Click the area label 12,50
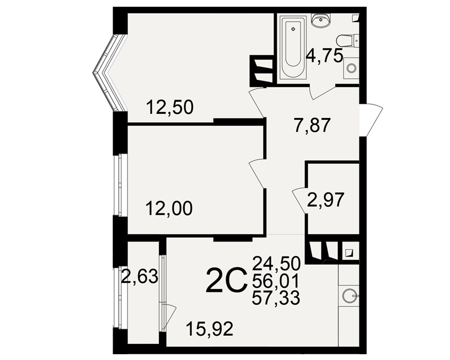tap(170, 108)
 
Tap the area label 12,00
tap(169, 208)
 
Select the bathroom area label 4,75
tap(324, 56)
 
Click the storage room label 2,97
tap(325, 200)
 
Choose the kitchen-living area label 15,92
tap(209, 329)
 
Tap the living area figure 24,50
tap(276, 264)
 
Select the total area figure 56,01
tap(276, 280)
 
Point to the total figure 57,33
tap(276, 297)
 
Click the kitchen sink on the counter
tap(351, 296)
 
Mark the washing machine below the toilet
tap(351, 68)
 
